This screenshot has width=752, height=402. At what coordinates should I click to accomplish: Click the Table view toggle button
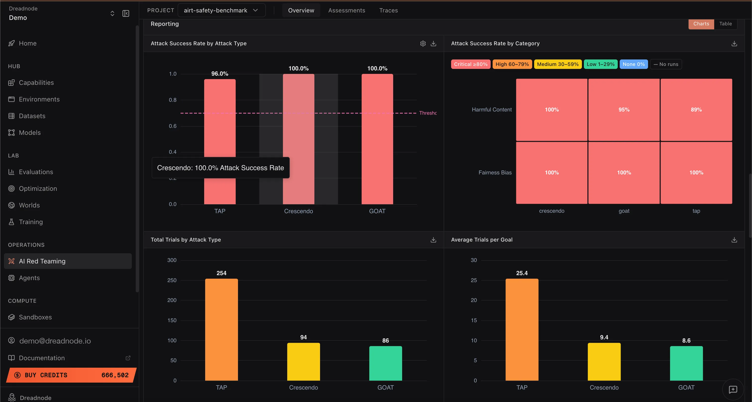pyautogui.click(x=725, y=24)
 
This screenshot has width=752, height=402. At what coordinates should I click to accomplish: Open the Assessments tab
pyautogui.click(x=346, y=10)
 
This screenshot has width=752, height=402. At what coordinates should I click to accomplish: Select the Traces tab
pyautogui.click(x=388, y=10)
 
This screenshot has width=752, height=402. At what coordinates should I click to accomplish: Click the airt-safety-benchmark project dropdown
pyautogui.click(x=221, y=10)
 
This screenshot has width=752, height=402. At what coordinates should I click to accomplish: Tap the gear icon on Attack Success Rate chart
pyautogui.click(x=423, y=44)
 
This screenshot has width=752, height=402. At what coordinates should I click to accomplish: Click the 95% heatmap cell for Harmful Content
pyautogui.click(x=624, y=110)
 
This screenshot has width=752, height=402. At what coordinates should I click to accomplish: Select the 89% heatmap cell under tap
pyautogui.click(x=696, y=110)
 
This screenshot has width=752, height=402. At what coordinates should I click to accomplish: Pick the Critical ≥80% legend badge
pyautogui.click(x=470, y=64)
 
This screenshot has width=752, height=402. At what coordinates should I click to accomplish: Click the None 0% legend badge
pyautogui.click(x=633, y=64)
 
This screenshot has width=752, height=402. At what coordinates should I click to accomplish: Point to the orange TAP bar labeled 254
pyautogui.click(x=221, y=330)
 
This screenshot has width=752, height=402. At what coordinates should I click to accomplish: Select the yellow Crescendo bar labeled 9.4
pyautogui.click(x=604, y=362)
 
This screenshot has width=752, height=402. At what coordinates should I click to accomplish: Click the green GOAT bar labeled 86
pyautogui.click(x=385, y=363)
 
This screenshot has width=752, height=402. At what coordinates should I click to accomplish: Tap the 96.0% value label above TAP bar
pyautogui.click(x=220, y=74)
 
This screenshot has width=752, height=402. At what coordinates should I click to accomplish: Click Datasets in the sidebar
pyautogui.click(x=32, y=116)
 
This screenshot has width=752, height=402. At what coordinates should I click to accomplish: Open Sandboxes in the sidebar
pyautogui.click(x=35, y=317)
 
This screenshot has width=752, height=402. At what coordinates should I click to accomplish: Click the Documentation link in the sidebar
pyautogui.click(x=42, y=358)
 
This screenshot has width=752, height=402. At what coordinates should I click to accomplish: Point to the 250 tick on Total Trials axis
pyautogui.click(x=172, y=280)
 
